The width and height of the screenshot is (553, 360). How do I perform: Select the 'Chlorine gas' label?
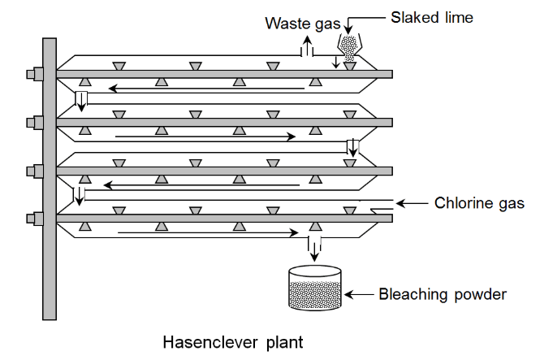tap(479, 203)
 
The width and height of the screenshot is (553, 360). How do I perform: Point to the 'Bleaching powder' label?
tap(443, 293)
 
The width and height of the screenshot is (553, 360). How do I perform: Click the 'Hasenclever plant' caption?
tap(233, 342)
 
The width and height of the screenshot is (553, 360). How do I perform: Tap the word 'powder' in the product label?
tap(479, 293)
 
